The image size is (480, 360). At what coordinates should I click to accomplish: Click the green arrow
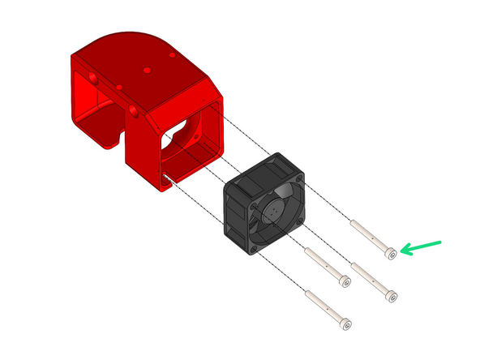click(x=422, y=246)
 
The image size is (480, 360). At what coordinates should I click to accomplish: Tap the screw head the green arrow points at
click(x=392, y=254)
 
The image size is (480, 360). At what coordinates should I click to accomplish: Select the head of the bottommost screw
click(x=348, y=326)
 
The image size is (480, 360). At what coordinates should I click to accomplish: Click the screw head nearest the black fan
click(x=345, y=281)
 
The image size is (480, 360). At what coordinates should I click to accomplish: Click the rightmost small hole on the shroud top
click(x=172, y=54)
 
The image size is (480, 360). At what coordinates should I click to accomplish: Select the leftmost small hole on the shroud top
click(x=119, y=85)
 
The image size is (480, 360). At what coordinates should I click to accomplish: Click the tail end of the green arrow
click(x=441, y=241)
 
